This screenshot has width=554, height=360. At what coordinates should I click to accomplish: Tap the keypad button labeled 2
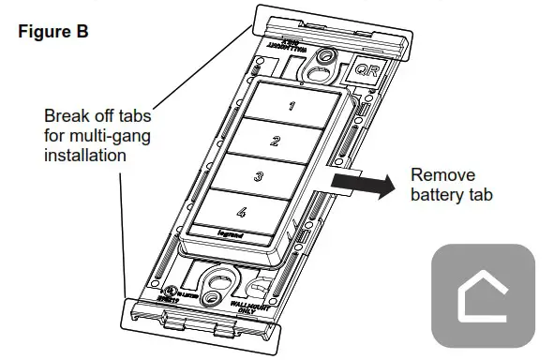click(x=274, y=142)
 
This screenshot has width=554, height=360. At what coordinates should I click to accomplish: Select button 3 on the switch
click(x=260, y=176)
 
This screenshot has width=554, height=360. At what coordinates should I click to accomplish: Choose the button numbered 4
click(x=242, y=213)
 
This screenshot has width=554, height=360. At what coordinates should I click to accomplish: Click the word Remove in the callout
click(x=443, y=175)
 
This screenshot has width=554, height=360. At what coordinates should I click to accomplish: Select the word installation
click(x=84, y=156)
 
